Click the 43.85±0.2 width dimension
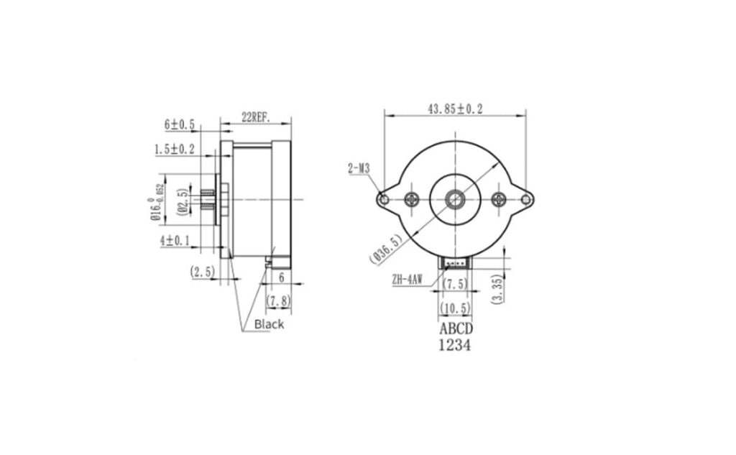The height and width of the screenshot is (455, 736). click(x=455, y=109)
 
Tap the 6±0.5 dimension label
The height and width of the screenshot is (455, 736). click(x=180, y=124)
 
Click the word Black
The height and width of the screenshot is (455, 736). click(x=269, y=324)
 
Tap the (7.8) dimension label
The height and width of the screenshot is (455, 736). click(x=278, y=301)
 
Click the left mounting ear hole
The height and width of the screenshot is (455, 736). click(x=385, y=199)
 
